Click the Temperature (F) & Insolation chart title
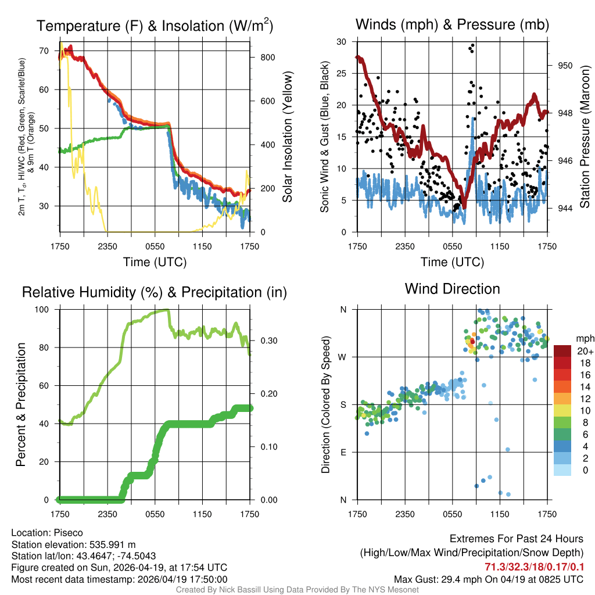pos(155,26)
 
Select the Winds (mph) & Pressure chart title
pos(452,25)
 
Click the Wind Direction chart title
pos(452,289)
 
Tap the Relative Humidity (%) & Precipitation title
pos(155,292)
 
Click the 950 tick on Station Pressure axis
pos(566,66)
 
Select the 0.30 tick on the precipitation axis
pos(266,341)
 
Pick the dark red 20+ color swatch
pos(562,351)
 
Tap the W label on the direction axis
pos(343,357)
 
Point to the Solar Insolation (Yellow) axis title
pos(288,137)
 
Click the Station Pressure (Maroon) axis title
pos(585,137)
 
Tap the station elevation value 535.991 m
pos(112,544)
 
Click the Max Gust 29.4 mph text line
pos(489,579)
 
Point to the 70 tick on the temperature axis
pos(44,51)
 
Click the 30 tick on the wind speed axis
pos(342,42)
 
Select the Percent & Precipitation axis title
pos(21,404)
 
